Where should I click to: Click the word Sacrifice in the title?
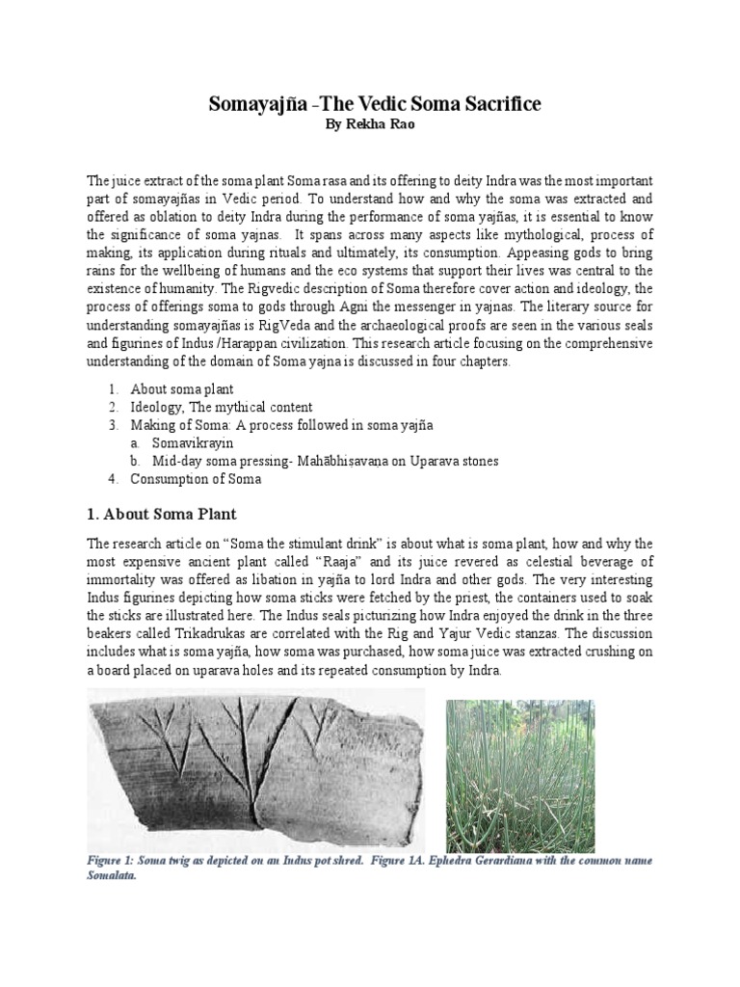tap(480, 103)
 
